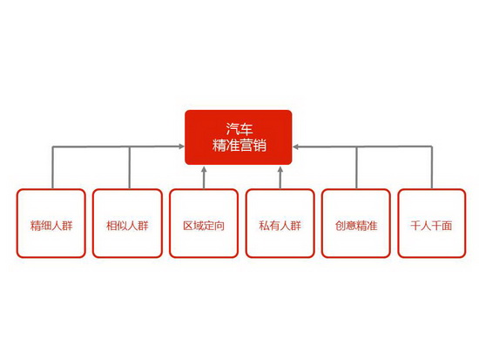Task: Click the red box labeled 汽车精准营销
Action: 239,138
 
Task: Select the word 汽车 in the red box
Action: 239,129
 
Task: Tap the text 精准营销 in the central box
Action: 239,145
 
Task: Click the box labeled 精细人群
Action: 51,223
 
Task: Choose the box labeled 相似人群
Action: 127,223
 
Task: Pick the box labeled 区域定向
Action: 204,223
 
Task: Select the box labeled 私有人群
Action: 280,223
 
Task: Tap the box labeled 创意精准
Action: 356,223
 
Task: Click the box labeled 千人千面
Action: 432,223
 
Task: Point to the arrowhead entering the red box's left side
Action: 182,146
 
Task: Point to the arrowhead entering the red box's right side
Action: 295,146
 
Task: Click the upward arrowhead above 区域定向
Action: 204,169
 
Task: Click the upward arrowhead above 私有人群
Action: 280,169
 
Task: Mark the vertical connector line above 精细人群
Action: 53,167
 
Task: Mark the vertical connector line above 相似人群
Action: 130,167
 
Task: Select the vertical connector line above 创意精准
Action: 356,167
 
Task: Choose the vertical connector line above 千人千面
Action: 432,167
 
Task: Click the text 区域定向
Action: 204,226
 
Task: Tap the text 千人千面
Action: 431,226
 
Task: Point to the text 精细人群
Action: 51,226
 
